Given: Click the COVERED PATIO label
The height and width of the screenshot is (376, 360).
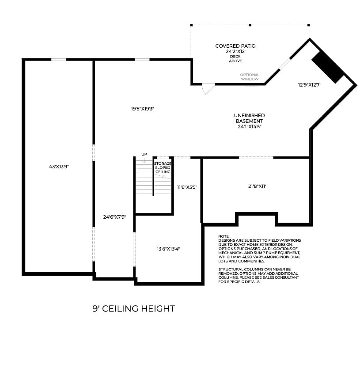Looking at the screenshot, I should pyautogui.click(x=235, y=46).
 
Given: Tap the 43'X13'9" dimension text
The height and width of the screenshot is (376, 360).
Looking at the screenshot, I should pyautogui.click(x=59, y=167).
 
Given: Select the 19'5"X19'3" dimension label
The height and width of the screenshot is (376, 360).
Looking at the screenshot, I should pyautogui.click(x=141, y=108).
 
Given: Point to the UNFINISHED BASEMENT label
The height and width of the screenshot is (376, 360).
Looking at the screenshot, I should pyautogui.click(x=249, y=118).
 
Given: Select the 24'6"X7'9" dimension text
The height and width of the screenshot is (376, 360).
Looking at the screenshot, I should pyautogui.click(x=115, y=217).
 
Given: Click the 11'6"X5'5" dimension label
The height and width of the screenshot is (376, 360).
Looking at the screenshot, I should pyautogui.click(x=187, y=187).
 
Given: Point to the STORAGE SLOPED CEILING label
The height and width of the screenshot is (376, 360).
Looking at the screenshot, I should pyautogui.click(x=162, y=167).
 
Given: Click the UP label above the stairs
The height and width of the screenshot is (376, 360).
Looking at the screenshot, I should pyautogui.click(x=144, y=154).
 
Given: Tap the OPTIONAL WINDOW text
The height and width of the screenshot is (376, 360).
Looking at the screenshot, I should pyautogui.click(x=250, y=77).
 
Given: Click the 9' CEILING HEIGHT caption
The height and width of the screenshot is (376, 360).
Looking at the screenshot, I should pyautogui.click(x=133, y=309).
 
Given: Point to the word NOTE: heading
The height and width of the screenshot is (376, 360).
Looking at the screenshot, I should pyautogui.click(x=224, y=236).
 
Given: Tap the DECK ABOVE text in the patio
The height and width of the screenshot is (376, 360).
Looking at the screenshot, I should pyautogui.click(x=235, y=59).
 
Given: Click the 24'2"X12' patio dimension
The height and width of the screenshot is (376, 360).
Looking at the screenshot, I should pyautogui.click(x=235, y=51).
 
